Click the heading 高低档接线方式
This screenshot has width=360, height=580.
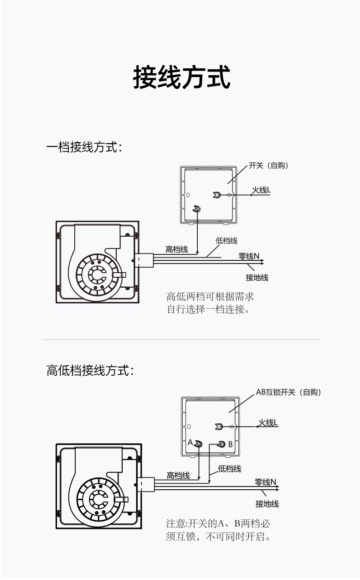click(90, 370)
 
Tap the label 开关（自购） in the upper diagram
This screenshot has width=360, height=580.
click(268, 166)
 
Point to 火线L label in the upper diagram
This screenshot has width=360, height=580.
click(262, 190)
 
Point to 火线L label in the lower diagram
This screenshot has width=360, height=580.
click(268, 423)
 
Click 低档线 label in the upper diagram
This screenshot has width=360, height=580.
click(226, 241)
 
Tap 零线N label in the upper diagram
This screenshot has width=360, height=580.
click(249, 256)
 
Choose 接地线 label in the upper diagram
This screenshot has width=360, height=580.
click(257, 278)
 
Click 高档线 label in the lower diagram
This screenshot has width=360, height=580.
click(178, 476)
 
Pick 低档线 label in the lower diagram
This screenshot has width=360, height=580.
click(230, 469)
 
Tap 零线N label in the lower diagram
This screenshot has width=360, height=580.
click(265, 482)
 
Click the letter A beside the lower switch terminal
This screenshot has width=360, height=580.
click(190, 442)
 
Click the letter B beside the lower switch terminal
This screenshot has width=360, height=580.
click(230, 444)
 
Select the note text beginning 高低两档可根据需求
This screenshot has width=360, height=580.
click(210, 303)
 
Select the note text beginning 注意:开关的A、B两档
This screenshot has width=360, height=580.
click(218, 530)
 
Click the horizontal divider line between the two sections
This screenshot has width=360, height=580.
click(181, 340)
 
